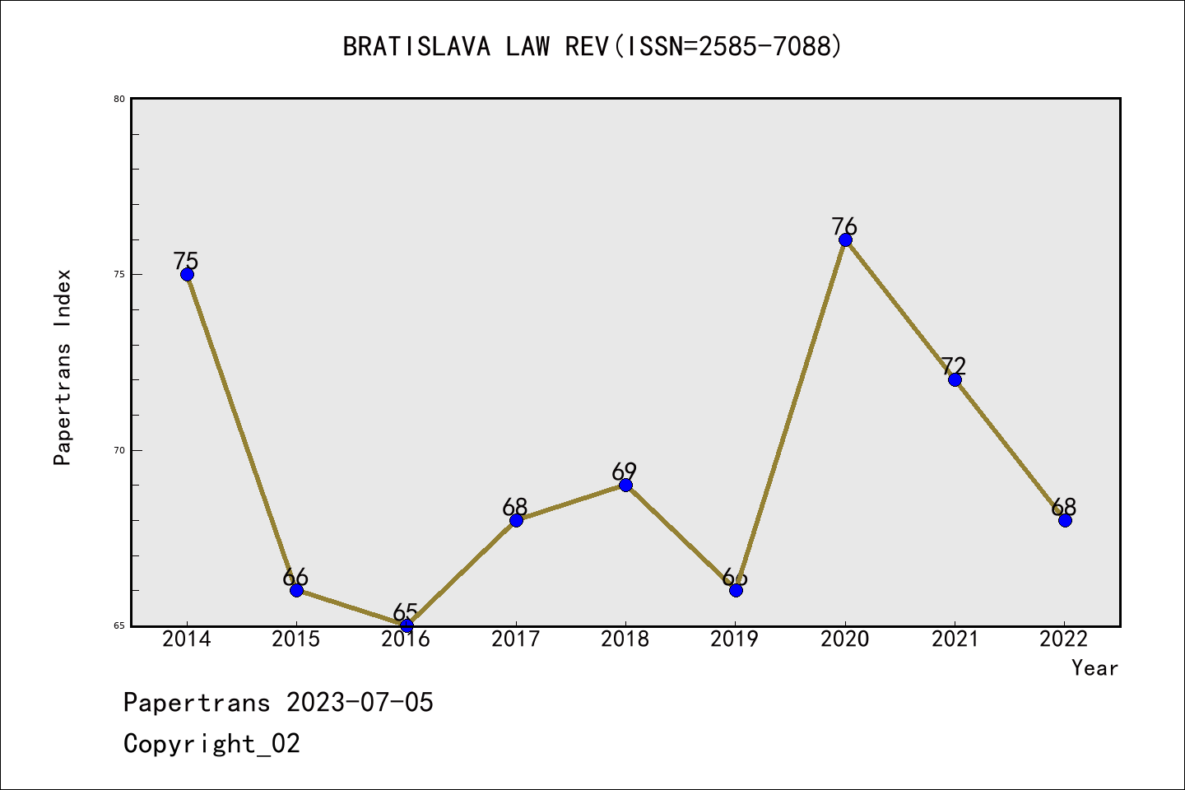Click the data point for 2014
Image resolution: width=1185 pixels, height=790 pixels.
(187, 274)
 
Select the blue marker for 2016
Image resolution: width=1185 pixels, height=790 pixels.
(407, 625)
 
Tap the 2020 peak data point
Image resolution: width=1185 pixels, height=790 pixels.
(845, 239)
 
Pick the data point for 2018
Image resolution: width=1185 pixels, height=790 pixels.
(625, 485)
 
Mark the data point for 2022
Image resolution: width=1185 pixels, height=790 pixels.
(1065, 520)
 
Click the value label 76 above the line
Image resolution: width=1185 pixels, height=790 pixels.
(844, 226)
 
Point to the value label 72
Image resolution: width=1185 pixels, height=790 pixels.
(953, 365)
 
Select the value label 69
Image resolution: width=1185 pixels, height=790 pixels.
(625, 472)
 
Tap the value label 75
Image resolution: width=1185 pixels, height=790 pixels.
(186, 261)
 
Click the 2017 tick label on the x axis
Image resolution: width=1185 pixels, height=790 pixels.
(516, 639)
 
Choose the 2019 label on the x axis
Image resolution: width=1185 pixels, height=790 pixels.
(735, 639)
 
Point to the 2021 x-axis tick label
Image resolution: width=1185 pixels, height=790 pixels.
(955, 639)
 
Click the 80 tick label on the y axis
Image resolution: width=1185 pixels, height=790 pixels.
(119, 99)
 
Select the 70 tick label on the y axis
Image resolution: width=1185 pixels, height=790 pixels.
(119, 450)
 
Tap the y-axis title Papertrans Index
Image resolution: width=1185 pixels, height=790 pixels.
(63, 367)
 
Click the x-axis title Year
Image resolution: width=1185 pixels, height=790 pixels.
(1094, 668)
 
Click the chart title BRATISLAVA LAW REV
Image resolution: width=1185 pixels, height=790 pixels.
(592, 47)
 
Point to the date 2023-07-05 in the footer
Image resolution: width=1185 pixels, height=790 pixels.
(360, 703)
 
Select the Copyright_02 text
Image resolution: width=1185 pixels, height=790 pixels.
(212, 744)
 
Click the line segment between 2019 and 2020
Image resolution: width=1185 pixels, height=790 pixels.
(790, 415)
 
